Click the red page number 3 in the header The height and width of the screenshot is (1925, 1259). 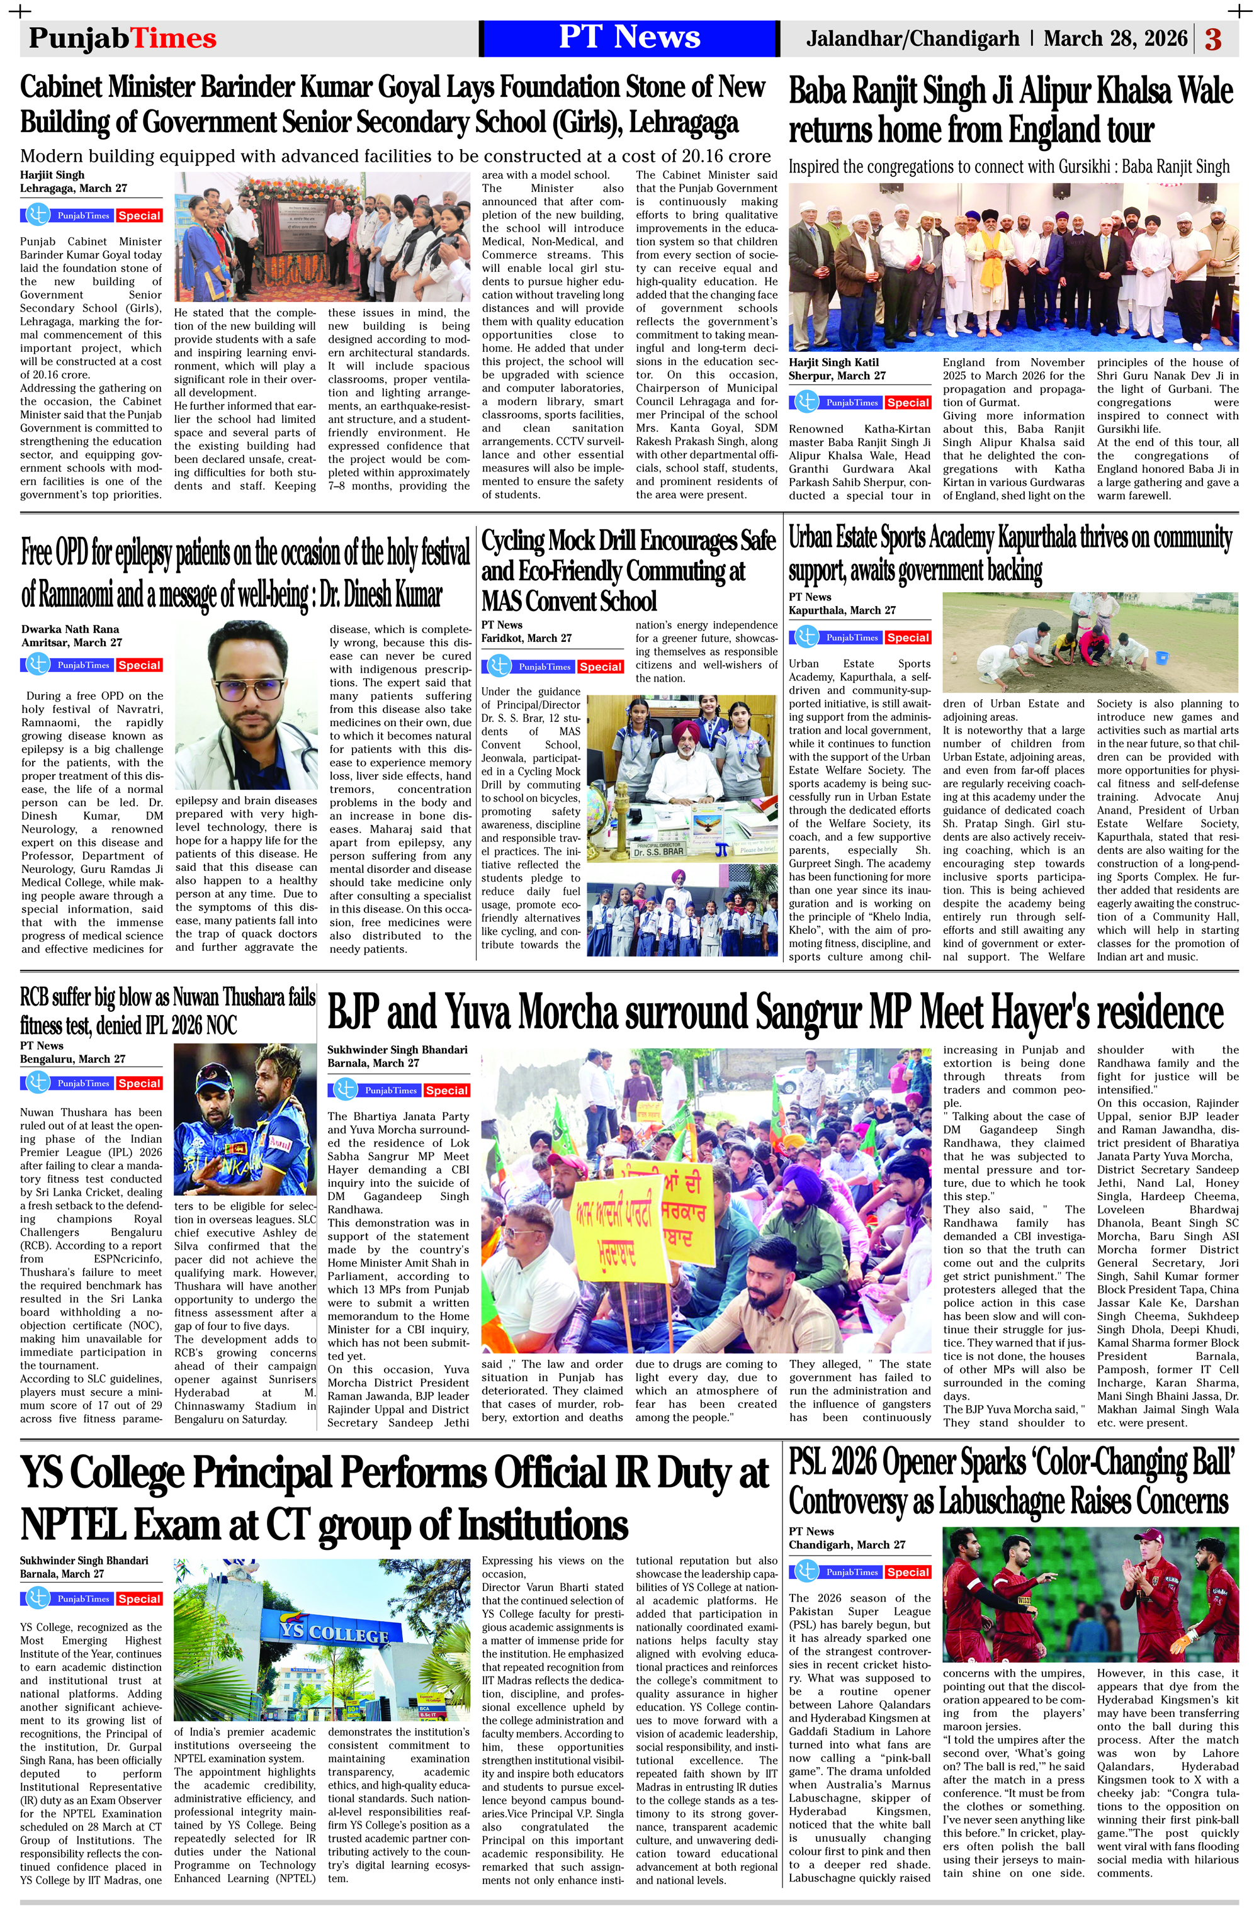tap(1213, 39)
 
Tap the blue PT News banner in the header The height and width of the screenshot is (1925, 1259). tap(629, 38)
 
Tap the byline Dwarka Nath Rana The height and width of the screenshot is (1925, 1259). tap(71, 629)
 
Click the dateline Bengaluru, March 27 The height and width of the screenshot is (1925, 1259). tap(73, 1058)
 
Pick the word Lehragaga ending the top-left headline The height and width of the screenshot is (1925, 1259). tap(684, 122)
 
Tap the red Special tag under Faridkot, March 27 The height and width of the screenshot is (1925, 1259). tap(601, 666)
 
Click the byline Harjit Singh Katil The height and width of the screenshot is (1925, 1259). tap(833, 362)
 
